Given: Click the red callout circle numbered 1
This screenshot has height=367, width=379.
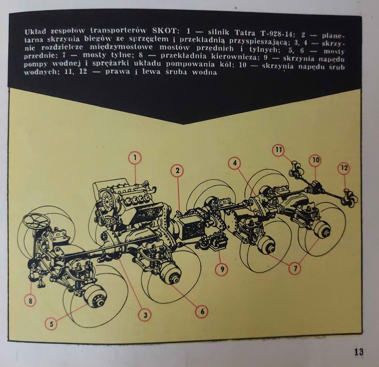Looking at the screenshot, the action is (x=135, y=158).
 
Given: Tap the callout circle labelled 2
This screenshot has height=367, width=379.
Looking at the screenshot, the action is (x=177, y=170).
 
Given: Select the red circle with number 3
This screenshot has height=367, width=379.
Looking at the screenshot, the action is (x=145, y=315).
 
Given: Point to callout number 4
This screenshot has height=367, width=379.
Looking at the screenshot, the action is (x=235, y=163).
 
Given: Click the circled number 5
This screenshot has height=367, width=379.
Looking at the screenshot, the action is (x=52, y=324).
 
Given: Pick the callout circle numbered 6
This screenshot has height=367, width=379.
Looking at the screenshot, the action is (x=202, y=311).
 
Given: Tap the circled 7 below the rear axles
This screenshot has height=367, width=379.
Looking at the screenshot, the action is (x=295, y=268).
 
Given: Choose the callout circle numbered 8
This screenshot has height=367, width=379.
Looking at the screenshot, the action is (x=31, y=301).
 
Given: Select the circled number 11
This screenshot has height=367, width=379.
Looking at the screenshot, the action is (x=279, y=150).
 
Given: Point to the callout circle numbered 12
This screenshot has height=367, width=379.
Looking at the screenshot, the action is (x=344, y=168).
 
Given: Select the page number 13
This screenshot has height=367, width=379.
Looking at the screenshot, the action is (x=359, y=351).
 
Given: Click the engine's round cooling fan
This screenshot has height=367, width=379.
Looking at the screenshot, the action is (x=108, y=200).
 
